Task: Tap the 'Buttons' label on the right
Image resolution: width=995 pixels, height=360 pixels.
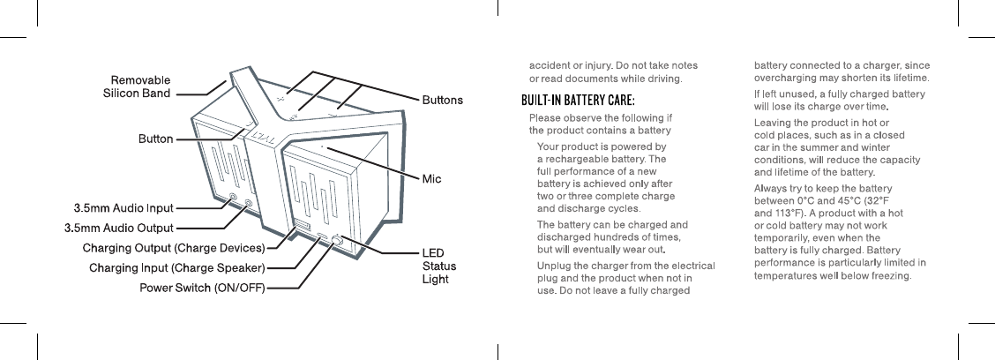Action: [443, 100]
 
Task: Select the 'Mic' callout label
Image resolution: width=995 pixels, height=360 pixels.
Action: [431, 179]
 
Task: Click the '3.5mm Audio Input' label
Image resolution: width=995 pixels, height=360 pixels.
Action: [123, 208]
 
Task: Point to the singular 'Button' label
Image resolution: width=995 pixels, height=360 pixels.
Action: [154, 139]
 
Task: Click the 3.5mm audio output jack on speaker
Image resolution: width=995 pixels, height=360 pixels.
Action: [249, 205]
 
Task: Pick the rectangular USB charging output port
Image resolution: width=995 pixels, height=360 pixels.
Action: [302, 230]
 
